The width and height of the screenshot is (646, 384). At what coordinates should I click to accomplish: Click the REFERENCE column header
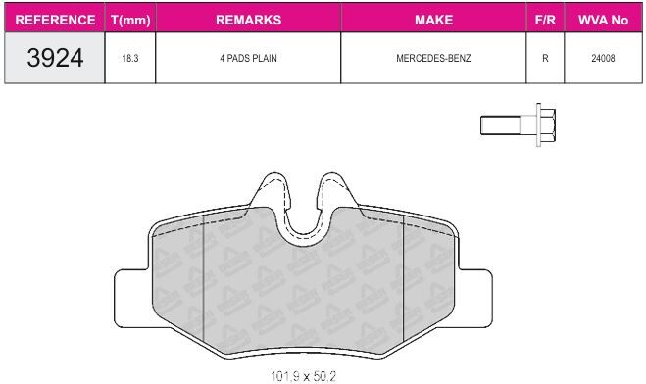(55, 20)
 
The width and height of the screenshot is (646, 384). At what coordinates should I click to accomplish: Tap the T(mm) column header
(130, 20)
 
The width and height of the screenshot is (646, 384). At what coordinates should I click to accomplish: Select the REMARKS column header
(248, 20)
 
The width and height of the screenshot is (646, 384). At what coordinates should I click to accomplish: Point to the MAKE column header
(433, 20)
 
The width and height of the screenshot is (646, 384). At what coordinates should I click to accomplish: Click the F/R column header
(545, 20)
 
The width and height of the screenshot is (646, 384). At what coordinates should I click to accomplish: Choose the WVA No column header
(603, 20)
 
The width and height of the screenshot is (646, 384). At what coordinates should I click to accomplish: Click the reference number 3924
(55, 58)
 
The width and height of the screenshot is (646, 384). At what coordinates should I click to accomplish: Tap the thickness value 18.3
(130, 58)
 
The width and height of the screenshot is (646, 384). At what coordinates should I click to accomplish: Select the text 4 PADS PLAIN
(248, 58)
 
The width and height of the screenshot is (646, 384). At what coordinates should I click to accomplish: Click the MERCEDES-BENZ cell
(433, 58)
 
